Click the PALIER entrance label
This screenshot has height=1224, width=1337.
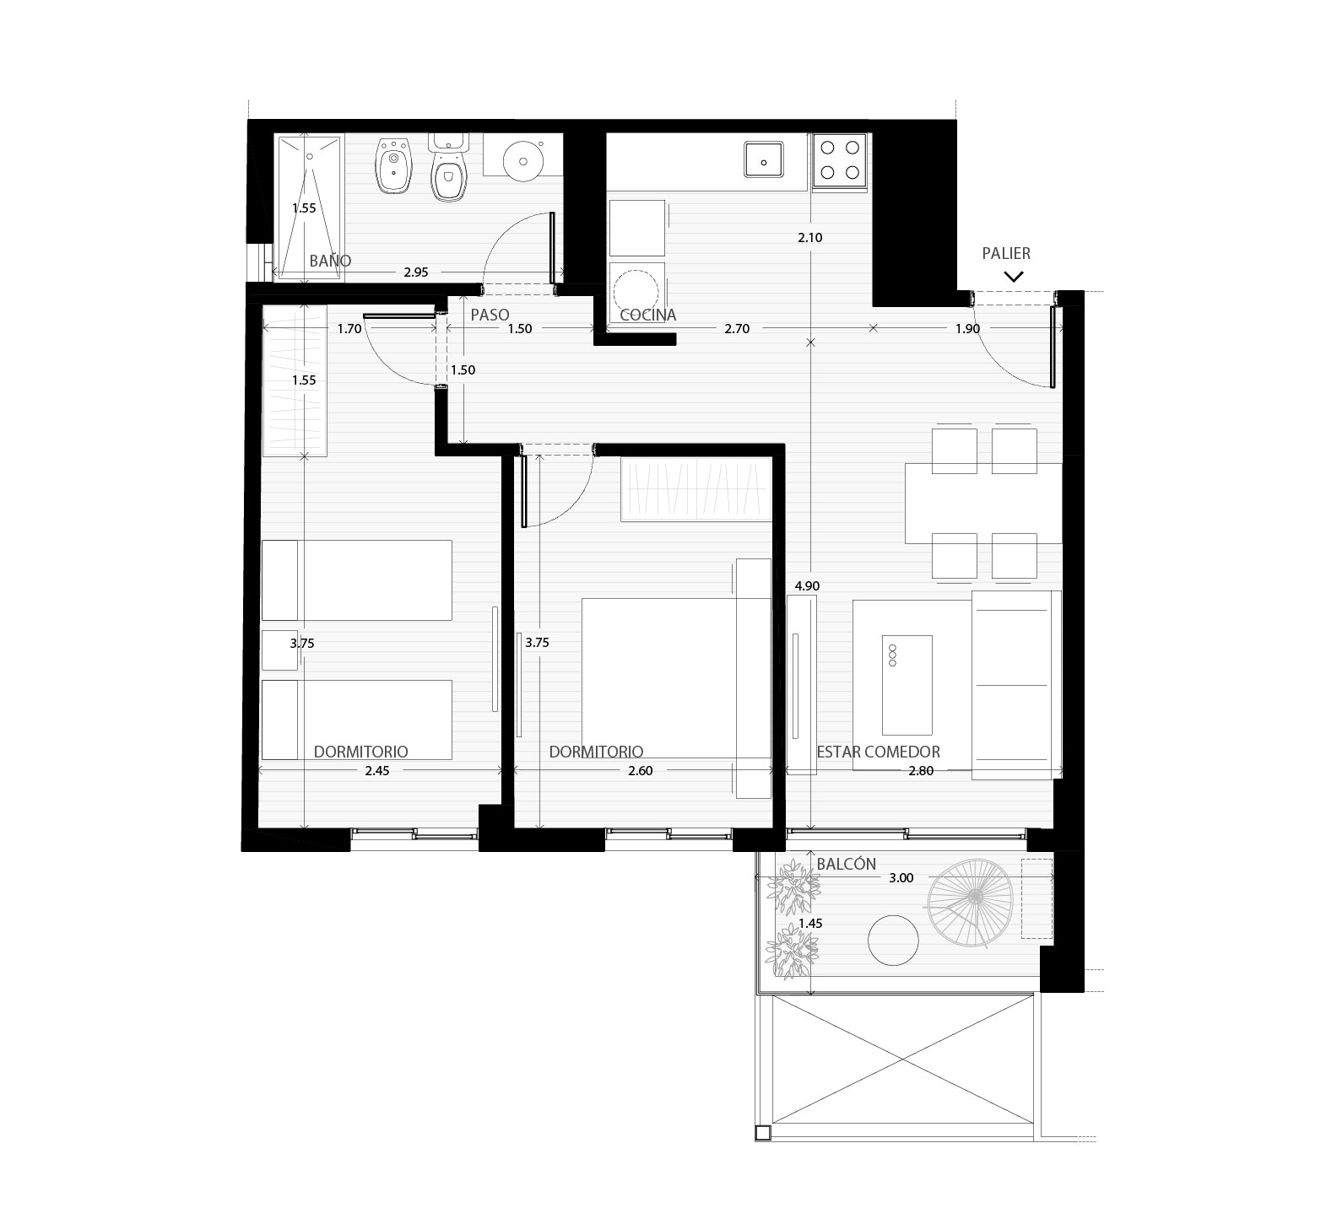point(1006,253)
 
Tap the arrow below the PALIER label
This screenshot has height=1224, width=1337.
point(1014,276)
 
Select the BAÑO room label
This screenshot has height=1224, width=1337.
point(330,261)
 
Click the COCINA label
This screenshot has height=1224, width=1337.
point(648,315)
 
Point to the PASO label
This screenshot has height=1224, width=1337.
point(490,315)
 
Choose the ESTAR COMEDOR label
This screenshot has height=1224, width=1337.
point(878,752)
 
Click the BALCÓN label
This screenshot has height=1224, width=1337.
point(847,864)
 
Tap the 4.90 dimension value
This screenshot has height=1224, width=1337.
point(807,585)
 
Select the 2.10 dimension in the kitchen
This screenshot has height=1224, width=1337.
point(809,238)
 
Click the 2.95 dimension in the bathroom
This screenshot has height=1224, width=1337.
point(416,272)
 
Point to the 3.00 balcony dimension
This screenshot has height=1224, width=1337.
point(901,877)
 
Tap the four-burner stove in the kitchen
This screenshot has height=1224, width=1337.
point(841,160)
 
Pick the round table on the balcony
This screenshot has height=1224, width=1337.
point(893,941)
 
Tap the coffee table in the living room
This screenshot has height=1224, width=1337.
point(907,685)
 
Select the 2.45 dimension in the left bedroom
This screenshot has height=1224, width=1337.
point(377,770)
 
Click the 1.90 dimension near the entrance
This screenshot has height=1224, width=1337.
point(967,329)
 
